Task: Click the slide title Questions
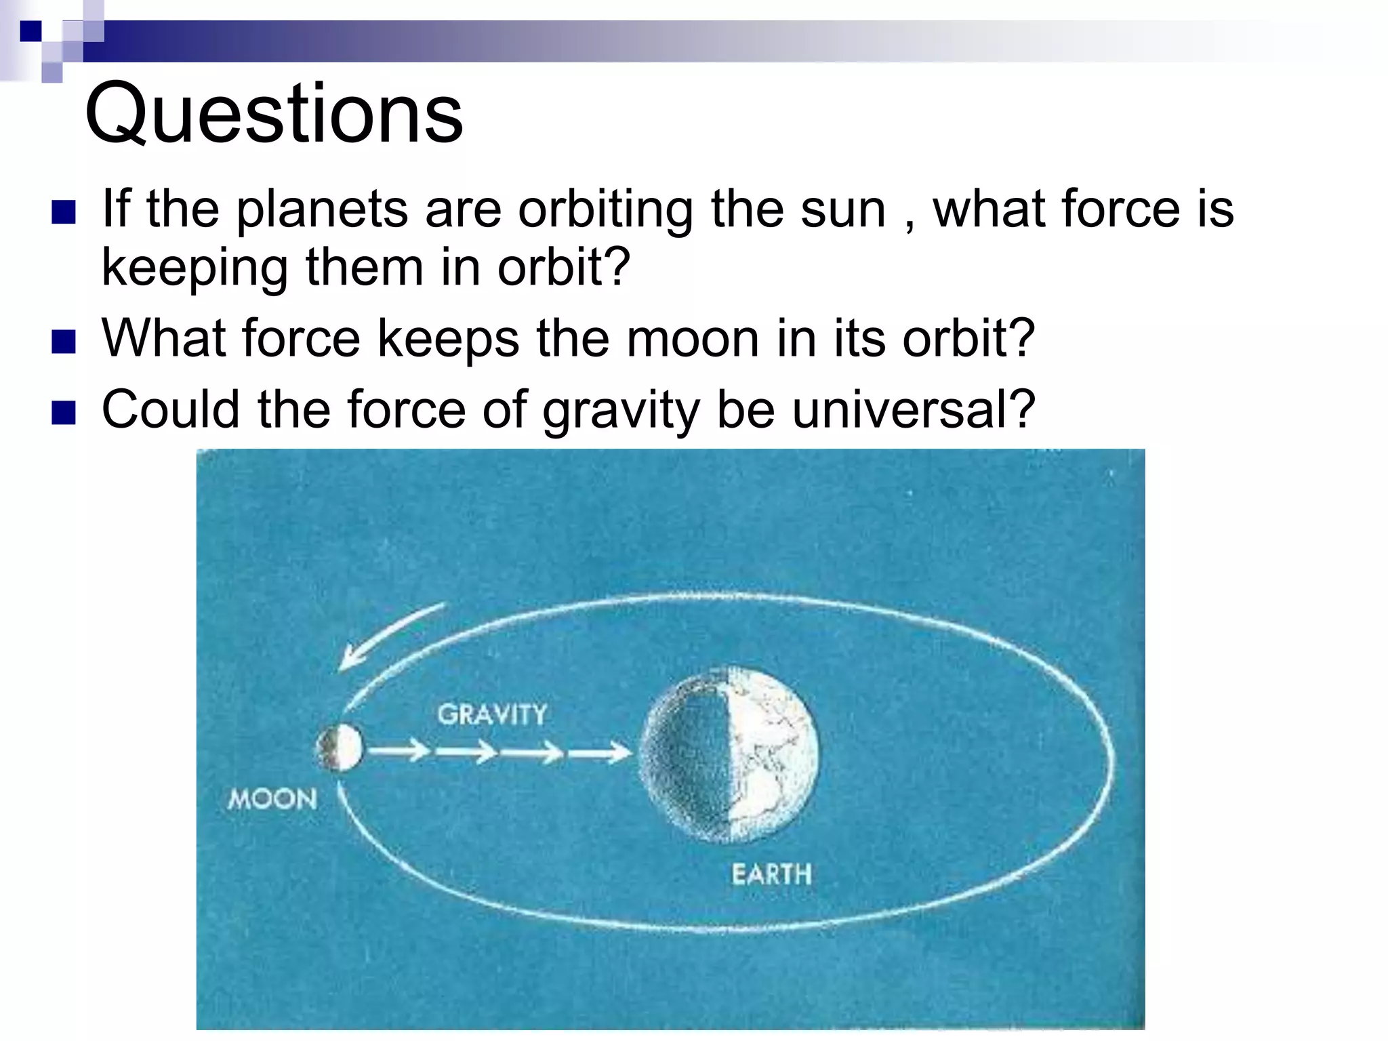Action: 274,113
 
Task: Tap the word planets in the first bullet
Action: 321,209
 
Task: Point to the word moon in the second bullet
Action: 692,338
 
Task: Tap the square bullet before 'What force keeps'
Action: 64,342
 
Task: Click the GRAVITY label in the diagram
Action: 492,714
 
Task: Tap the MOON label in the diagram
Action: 272,799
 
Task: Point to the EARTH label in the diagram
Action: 771,874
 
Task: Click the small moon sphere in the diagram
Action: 340,748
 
